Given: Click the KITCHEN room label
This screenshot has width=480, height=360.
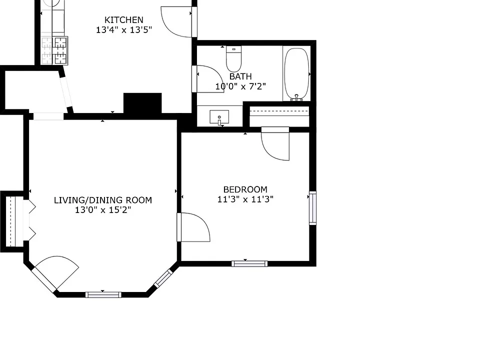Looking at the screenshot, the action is (x=123, y=20).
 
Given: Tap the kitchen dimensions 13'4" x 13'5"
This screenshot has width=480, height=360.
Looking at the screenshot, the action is (x=124, y=30).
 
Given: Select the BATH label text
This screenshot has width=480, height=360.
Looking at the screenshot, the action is (x=240, y=76).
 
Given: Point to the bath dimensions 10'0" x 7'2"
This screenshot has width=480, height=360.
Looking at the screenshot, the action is (x=240, y=86).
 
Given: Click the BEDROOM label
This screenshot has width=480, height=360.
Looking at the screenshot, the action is (x=245, y=189).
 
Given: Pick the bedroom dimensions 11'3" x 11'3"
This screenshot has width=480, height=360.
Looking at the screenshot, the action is (x=245, y=199).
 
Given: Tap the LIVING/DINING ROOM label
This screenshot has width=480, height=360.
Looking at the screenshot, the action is (x=103, y=200).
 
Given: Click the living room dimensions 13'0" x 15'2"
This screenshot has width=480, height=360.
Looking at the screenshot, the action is (x=103, y=210).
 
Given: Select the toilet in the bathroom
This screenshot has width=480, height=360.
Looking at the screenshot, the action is (x=234, y=59).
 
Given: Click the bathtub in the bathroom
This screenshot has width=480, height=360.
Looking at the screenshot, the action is (x=296, y=73).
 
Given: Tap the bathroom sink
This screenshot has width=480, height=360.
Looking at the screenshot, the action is (x=219, y=117).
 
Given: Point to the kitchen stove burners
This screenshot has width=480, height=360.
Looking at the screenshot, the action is (x=60, y=50).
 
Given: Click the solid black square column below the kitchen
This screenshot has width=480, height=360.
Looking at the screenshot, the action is (x=142, y=103).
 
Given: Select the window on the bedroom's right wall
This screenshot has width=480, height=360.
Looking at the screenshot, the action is (x=312, y=208).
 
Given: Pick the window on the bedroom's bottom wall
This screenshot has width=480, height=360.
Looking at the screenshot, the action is (x=249, y=263).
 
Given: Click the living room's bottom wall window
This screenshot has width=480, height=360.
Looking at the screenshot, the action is (x=103, y=295).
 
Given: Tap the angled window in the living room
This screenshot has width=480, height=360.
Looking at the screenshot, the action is (x=163, y=278).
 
